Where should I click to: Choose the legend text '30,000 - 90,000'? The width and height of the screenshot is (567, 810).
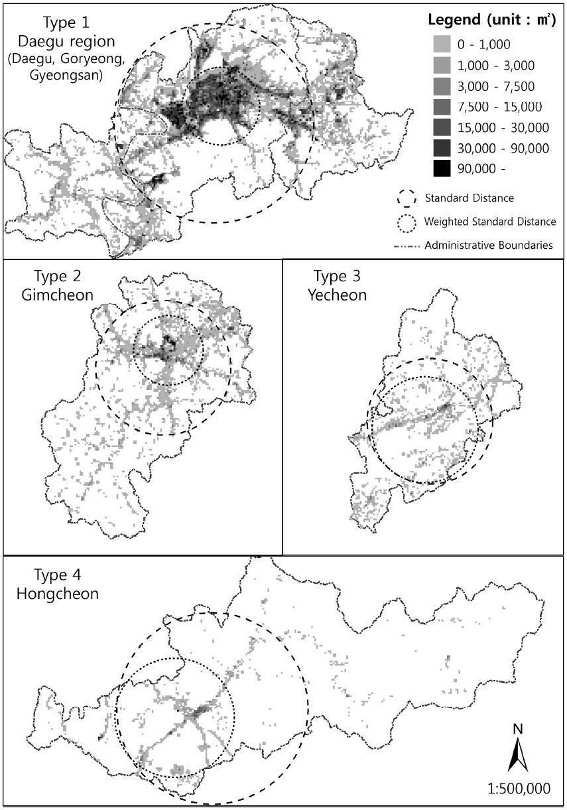tap(495, 148)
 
